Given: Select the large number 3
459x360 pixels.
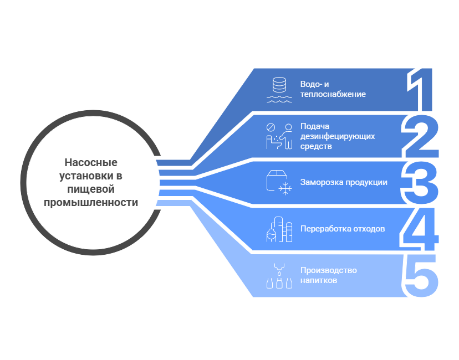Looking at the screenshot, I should [x=421, y=182].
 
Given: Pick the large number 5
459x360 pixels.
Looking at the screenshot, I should [x=421, y=275].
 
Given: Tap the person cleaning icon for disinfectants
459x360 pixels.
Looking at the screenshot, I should [x=279, y=136].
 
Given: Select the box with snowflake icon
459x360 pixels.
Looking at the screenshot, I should [x=279, y=182].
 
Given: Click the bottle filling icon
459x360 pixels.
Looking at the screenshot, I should [x=279, y=275].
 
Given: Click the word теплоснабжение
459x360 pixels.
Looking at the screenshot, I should [x=333, y=94].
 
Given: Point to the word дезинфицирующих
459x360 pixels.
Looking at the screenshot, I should [x=338, y=136].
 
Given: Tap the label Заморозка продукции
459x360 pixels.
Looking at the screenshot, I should [x=344, y=182].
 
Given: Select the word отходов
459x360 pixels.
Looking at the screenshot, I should [x=369, y=229].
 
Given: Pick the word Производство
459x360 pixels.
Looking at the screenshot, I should [x=328, y=270].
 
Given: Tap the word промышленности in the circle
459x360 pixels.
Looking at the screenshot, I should [x=91, y=203].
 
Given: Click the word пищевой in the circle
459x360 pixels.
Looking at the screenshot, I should [x=91, y=189].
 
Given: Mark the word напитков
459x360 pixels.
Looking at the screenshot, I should [x=319, y=281].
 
